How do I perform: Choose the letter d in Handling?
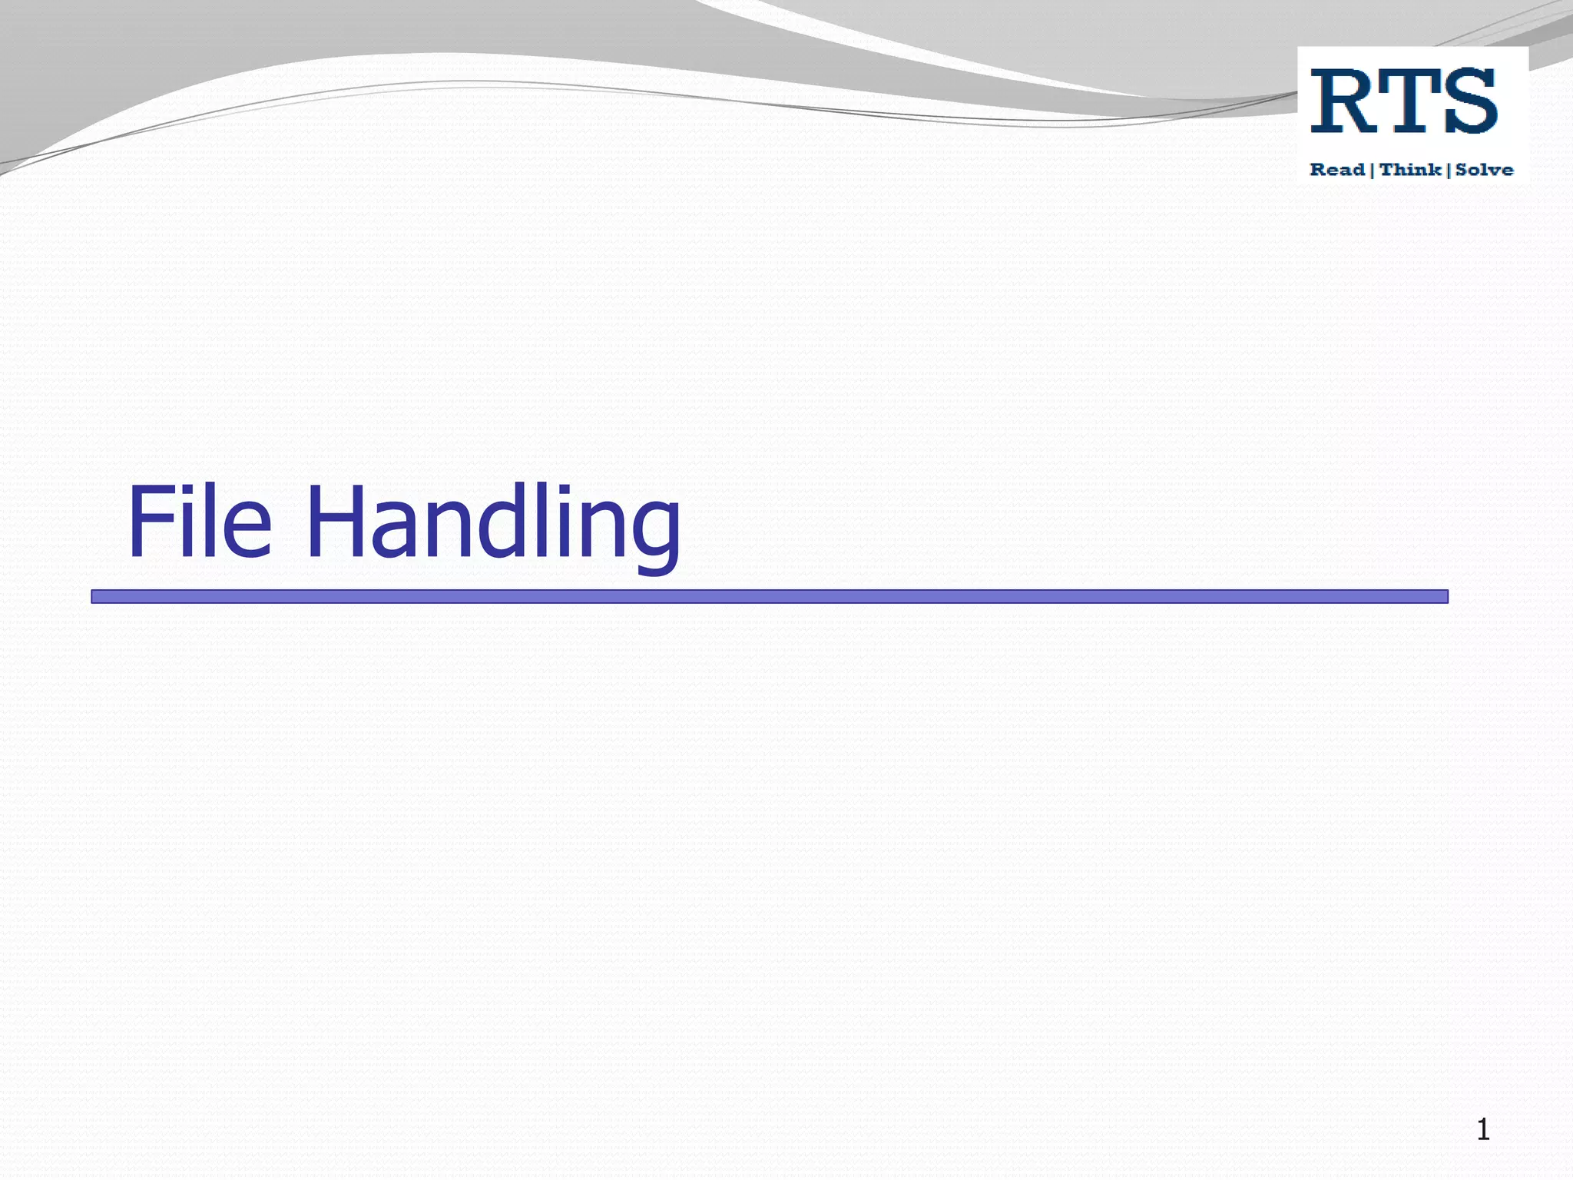[x=504, y=522]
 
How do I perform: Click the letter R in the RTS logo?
[x=1343, y=101]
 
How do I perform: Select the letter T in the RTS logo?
[x=1407, y=101]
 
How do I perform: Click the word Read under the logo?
[x=1337, y=170]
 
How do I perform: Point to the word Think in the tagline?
[x=1410, y=170]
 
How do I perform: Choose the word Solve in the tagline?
[x=1484, y=170]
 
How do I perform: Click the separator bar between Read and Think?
[x=1373, y=170]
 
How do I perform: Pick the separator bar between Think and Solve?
[x=1449, y=170]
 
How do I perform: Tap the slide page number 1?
[x=1483, y=1130]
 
